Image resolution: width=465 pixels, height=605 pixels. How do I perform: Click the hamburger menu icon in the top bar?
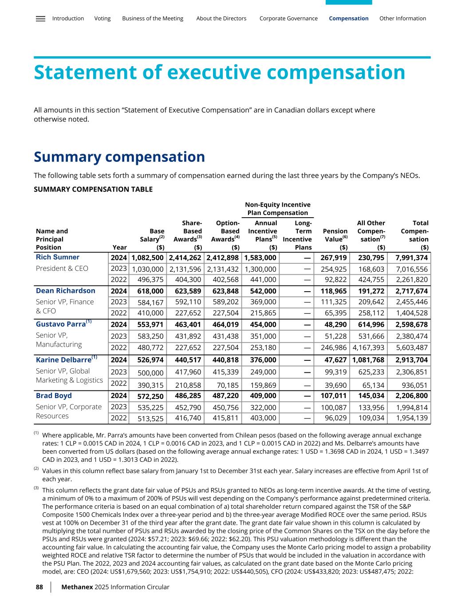pyautogui.click(x=40, y=19)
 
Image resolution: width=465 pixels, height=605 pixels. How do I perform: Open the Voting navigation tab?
pyautogui.click(x=102, y=19)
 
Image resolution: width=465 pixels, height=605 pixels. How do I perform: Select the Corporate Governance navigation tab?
pyautogui.click(x=288, y=19)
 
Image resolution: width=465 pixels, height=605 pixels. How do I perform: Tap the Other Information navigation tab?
pyautogui.click(x=402, y=19)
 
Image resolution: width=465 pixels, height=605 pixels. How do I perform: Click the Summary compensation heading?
pyautogui.click(x=119, y=157)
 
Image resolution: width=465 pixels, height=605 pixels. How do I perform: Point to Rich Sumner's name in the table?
pyautogui.click(x=58, y=257)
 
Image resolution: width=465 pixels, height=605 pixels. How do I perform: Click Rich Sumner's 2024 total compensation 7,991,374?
pyautogui.click(x=412, y=258)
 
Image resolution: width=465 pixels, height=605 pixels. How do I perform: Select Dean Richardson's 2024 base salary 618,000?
pyautogui.click(x=148, y=291)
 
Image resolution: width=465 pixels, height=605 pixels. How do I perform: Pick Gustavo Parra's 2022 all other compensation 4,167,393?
pyautogui.click(x=368, y=347)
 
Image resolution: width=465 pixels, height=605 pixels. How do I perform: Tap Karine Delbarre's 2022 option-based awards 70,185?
pyautogui.click(x=227, y=385)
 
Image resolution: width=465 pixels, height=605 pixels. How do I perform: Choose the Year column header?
pyautogui.click(x=120, y=247)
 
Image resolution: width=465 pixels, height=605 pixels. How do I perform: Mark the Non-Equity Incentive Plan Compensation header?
pyautogui.click(x=278, y=209)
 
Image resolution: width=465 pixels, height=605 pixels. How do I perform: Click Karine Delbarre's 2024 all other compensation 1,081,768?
pyautogui.click(x=368, y=360)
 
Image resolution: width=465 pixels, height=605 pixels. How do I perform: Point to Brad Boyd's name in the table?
pyautogui.click(x=54, y=395)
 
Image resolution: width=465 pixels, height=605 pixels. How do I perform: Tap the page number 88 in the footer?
pyautogui.click(x=39, y=587)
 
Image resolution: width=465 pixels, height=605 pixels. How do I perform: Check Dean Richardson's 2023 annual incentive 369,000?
pyautogui.click(x=263, y=302)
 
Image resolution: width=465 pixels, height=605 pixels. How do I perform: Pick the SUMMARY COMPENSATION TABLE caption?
pyautogui.click(x=93, y=189)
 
